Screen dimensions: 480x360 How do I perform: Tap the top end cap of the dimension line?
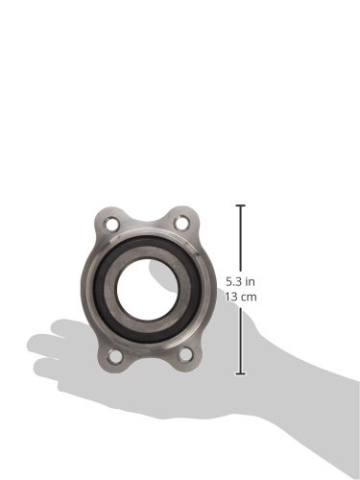pyautogui.click(x=241, y=205)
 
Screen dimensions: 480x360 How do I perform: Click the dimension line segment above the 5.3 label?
pyautogui.click(x=241, y=240)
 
